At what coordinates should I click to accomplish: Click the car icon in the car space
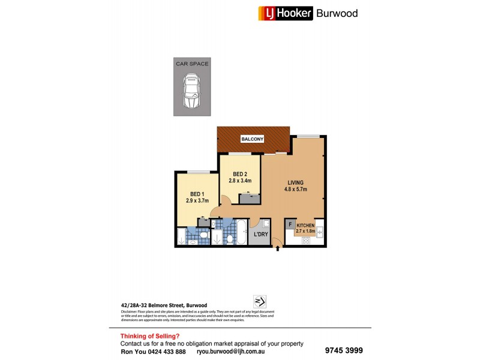(193, 92)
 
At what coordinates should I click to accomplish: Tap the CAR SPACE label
(193, 63)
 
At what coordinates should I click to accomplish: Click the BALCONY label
(253, 139)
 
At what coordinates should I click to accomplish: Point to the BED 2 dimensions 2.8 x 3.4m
(240, 180)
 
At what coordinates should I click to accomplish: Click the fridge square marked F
(291, 225)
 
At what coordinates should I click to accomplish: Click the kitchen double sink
(320, 230)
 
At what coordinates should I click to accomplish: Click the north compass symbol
(260, 301)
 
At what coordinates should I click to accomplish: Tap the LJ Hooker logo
(285, 13)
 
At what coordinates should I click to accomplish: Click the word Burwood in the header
(337, 13)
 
